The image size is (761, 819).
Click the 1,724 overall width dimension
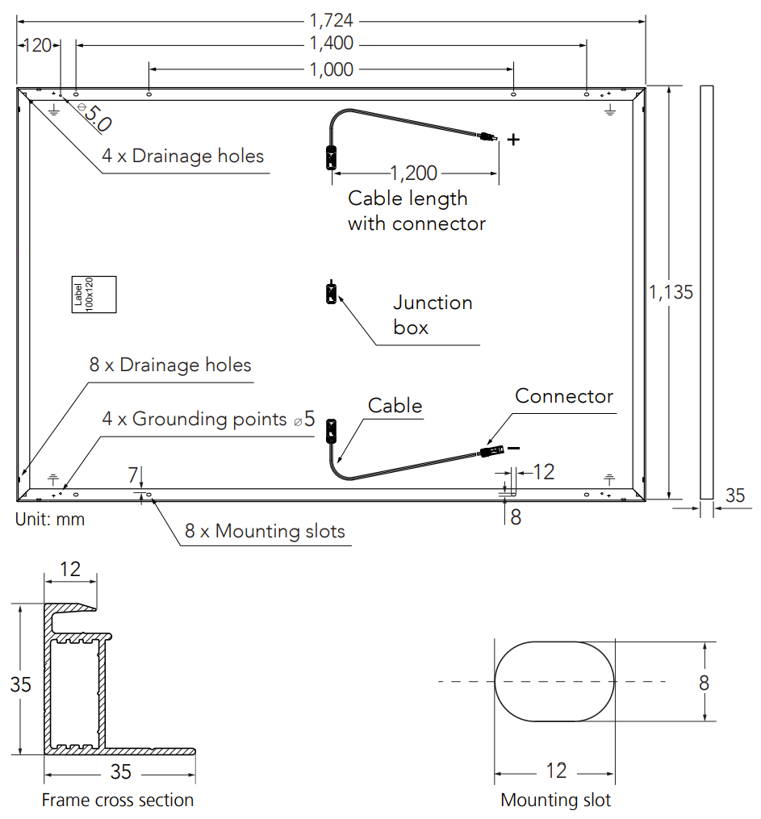[x=332, y=21]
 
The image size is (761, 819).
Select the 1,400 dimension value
[x=332, y=44]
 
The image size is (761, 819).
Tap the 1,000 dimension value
[x=332, y=69]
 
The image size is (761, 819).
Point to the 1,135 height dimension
[x=671, y=292]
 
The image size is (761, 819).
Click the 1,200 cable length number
[x=413, y=173]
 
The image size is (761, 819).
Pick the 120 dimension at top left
[x=36, y=45]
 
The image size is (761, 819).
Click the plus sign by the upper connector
[x=513, y=140]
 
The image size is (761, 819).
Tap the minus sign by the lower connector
[x=514, y=449]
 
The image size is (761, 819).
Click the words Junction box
[x=433, y=315]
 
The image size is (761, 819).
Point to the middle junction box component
[x=330, y=293]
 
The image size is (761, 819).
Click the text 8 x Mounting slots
[x=265, y=531]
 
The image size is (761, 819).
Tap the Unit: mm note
[x=50, y=520]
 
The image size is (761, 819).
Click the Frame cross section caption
[x=118, y=800]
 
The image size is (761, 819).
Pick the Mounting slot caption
[x=556, y=800]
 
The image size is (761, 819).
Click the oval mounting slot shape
[x=554, y=682]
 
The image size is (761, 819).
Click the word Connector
[x=564, y=396]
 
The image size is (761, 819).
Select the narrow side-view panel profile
[x=707, y=292]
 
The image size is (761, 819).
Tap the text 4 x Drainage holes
[x=183, y=156]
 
